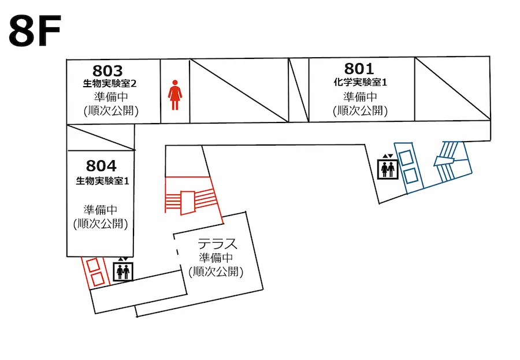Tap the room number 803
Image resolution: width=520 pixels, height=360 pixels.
pyautogui.click(x=107, y=70)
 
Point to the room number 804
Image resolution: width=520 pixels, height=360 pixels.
pyautogui.click(x=101, y=166)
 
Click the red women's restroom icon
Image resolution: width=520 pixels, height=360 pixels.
pyautogui.click(x=175, y=96)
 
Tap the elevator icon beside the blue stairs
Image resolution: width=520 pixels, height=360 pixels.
pyautogui.click(x=387, y=168)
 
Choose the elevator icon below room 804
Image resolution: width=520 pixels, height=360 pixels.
pyautogui.click(x=122, y=270)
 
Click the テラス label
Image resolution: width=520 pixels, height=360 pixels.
pyautogui.click(x=217, y=243)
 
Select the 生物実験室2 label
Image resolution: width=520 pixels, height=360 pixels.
pyautogui.click(x=110, y=83)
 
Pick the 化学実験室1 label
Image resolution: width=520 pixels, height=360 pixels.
pyautogui.click(x=360, y=82)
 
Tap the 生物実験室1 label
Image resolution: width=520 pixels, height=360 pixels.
pyautogui.click(x=102, y=181)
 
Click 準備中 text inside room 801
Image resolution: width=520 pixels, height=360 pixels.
pyautogui.click(x=360, y=97)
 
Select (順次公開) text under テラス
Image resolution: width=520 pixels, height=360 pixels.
pyautogui.click(x=216, y=271)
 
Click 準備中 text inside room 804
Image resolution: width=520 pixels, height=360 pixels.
pyautogui.click(x=101, y=209)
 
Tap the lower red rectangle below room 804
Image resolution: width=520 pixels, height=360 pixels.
pyautogui.click(x=98, y=279)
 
